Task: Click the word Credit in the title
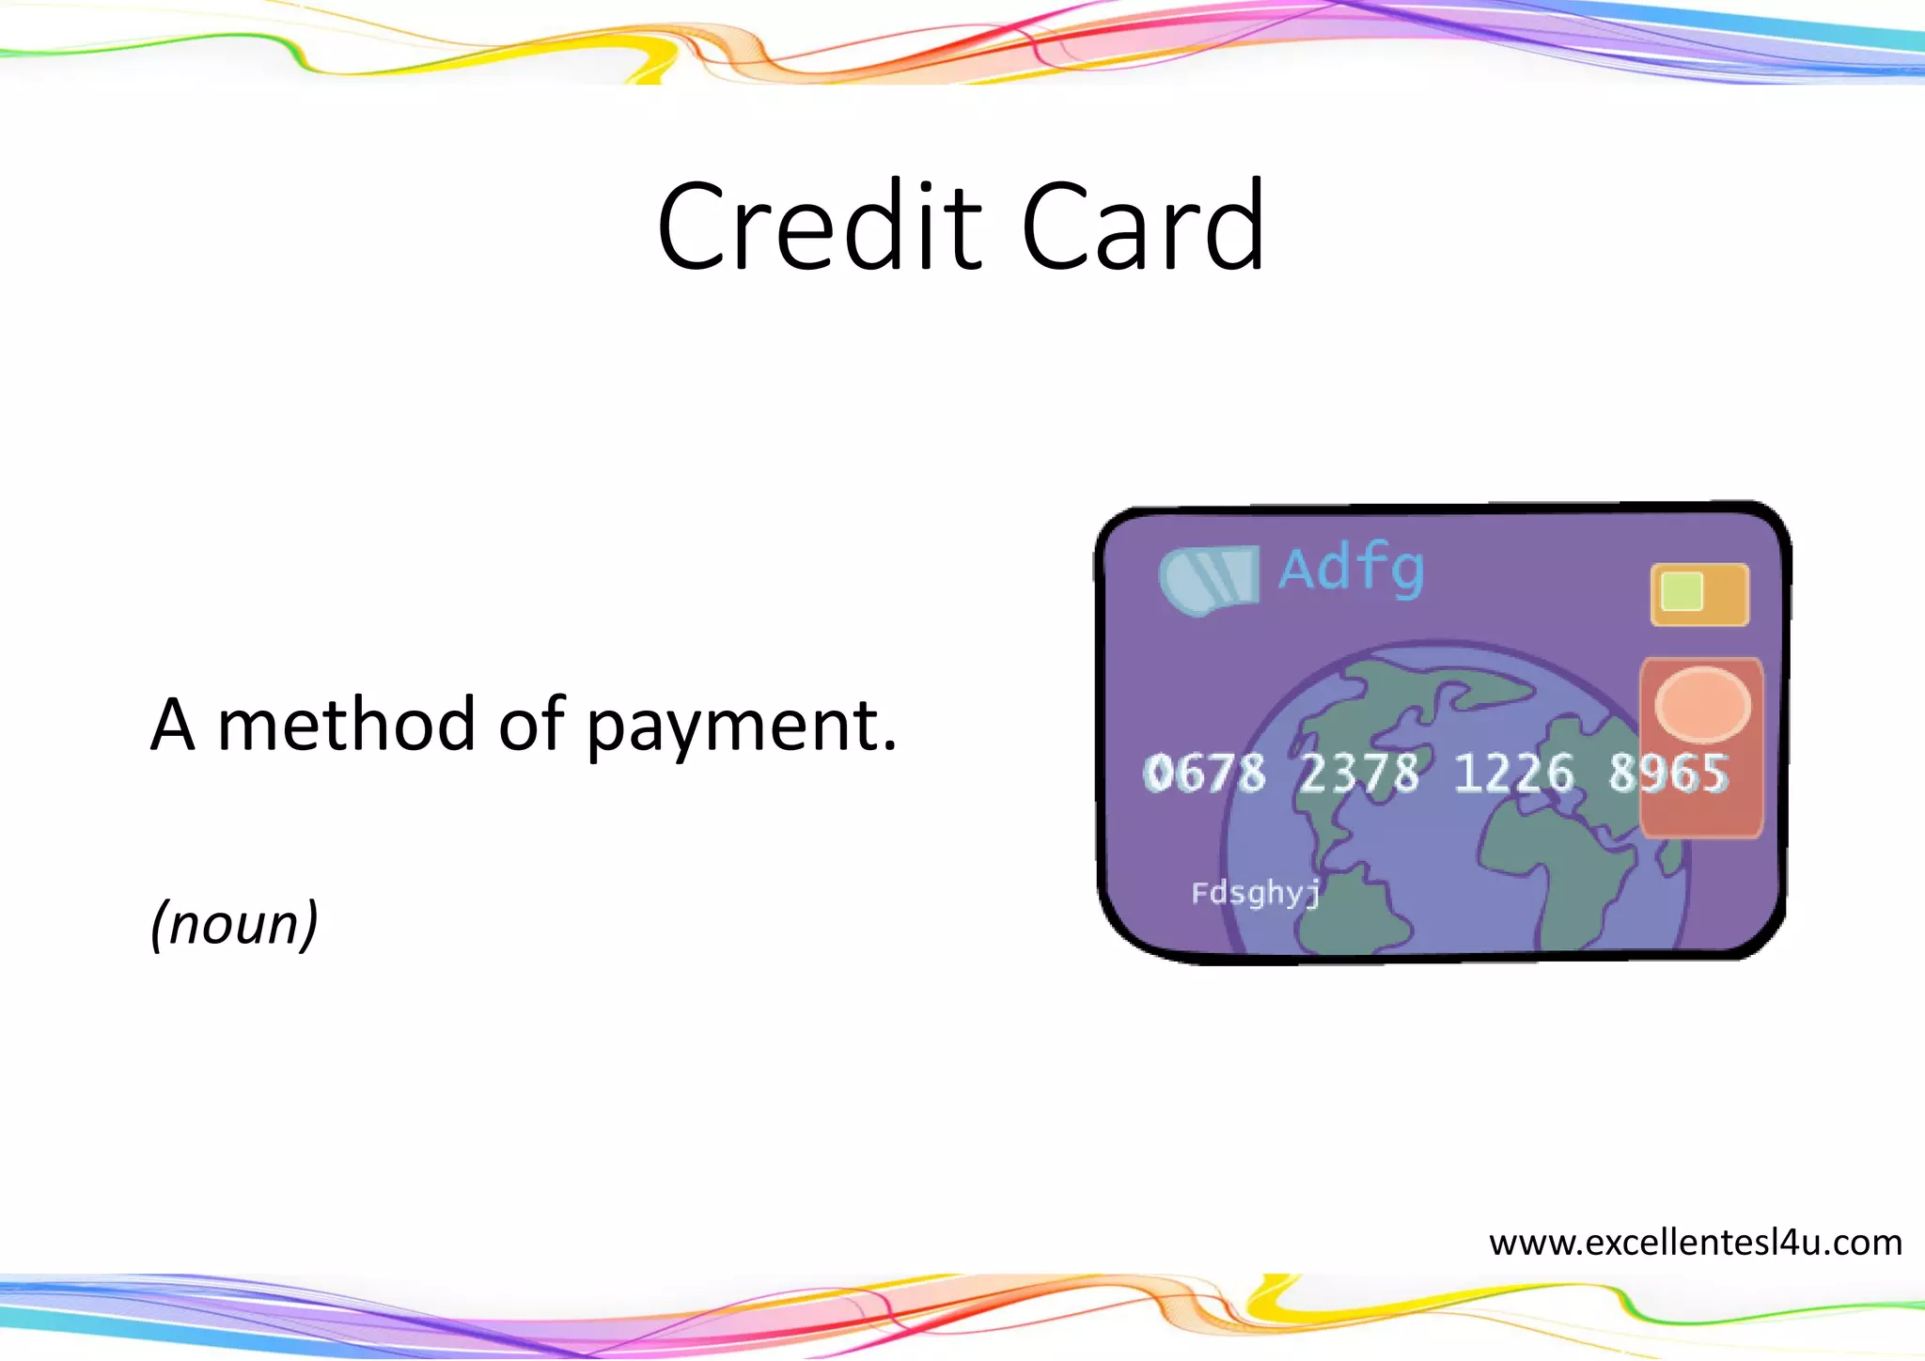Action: coord(819,227)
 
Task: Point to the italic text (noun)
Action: coord(235,923)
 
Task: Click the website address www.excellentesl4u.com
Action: coord(1695,1243)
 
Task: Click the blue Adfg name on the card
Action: coord(1351,570)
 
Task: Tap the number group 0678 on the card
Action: coord(1204,774)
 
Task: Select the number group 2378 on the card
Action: coord(1358,774)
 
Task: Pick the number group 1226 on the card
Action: coord(1512,774)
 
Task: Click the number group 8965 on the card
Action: coord(1667,774)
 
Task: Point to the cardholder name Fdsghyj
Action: coord(1256,892)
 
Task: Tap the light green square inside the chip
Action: coord(1682,591)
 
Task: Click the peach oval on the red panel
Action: coord(1701,703)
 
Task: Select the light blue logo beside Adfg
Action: coord(1209,577)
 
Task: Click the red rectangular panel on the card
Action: coord(1701,799)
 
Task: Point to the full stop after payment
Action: coord(889,748)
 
